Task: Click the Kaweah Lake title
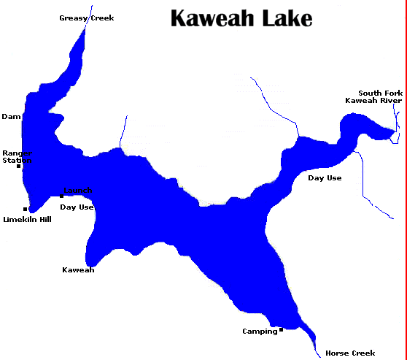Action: click(x=241, y=18)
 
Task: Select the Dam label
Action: click(x=11, y=116)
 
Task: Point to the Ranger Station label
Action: click(x=17, y=156)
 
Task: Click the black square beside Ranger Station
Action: click(x=19, y=166)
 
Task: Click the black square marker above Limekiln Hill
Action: click(x=26, y=210)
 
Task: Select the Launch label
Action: click(x=77, y=190)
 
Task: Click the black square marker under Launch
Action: click(x=61, y=196)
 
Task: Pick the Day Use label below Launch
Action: click(x=77, y=207)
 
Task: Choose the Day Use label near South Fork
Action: click(x=325, y=177)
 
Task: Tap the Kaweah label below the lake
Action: click(x=78, y=269)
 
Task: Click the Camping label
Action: click(x=260, y=331)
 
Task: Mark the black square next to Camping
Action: click(x=281, y=330)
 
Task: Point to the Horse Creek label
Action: click(x=350, y=353)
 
